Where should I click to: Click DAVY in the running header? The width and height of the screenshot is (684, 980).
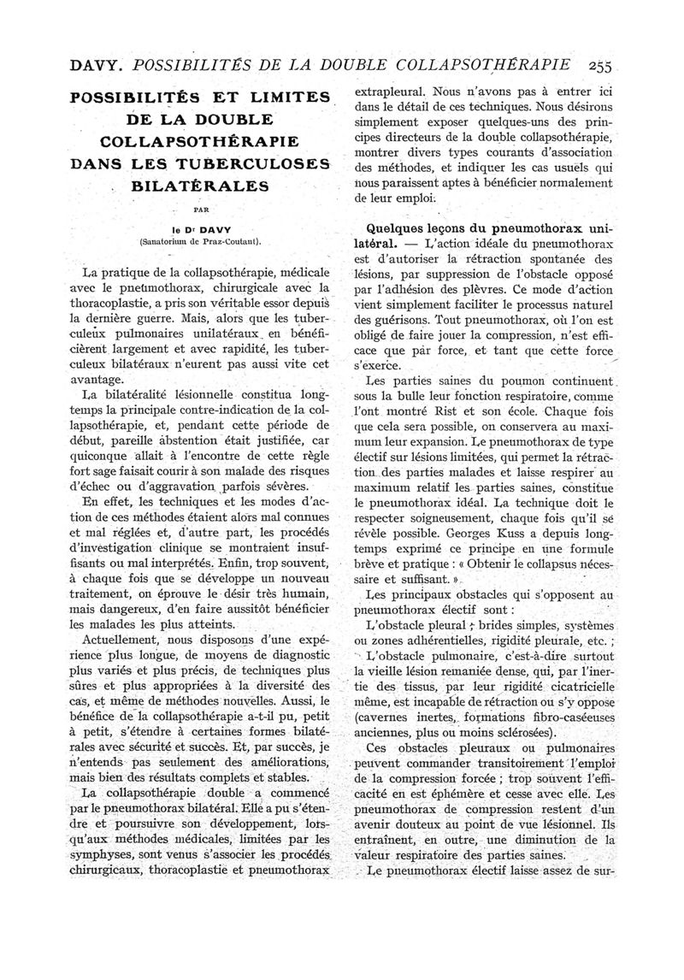(51, 62)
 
